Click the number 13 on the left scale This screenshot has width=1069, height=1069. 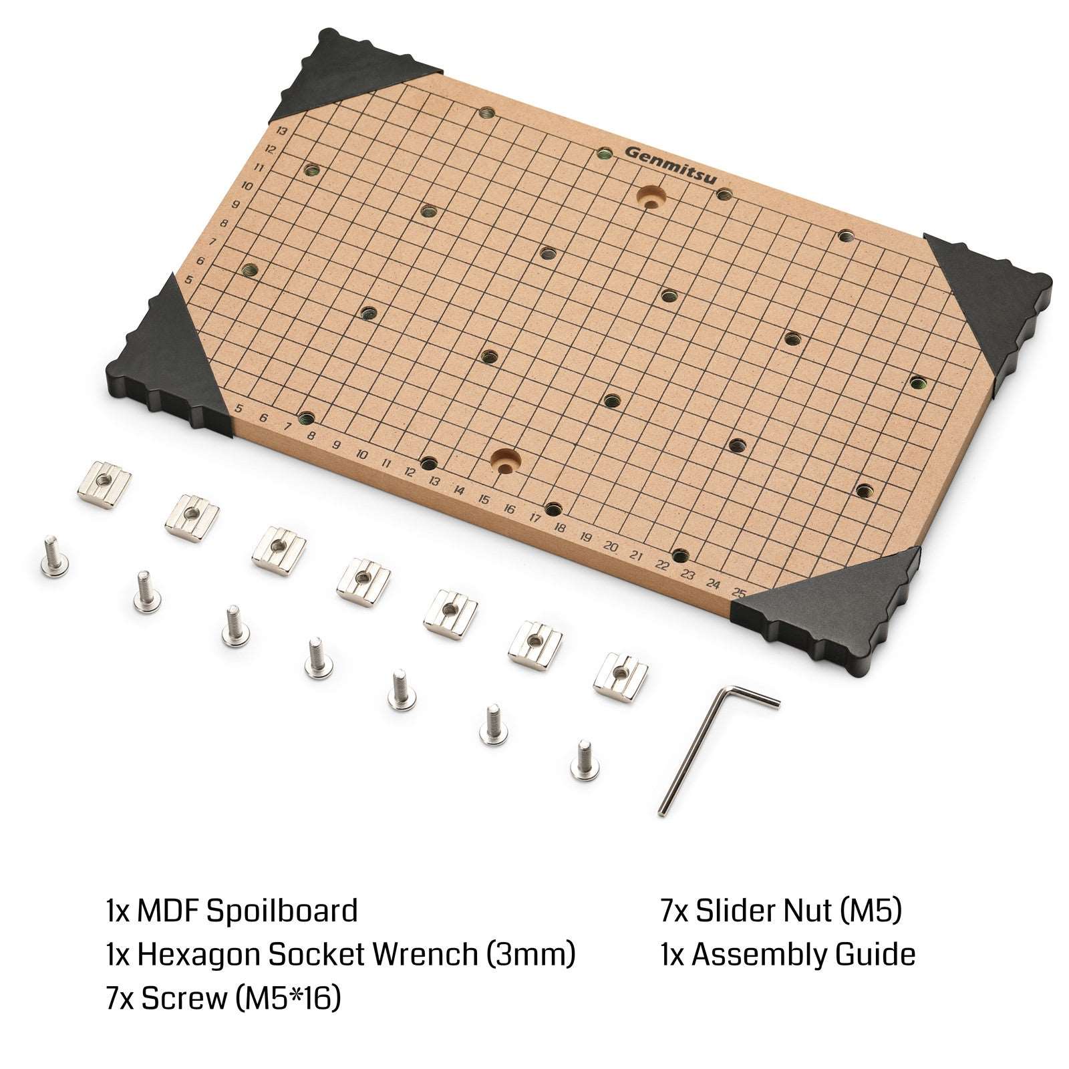tap(281, 132)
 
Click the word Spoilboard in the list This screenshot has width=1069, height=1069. tap(281, 912)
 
